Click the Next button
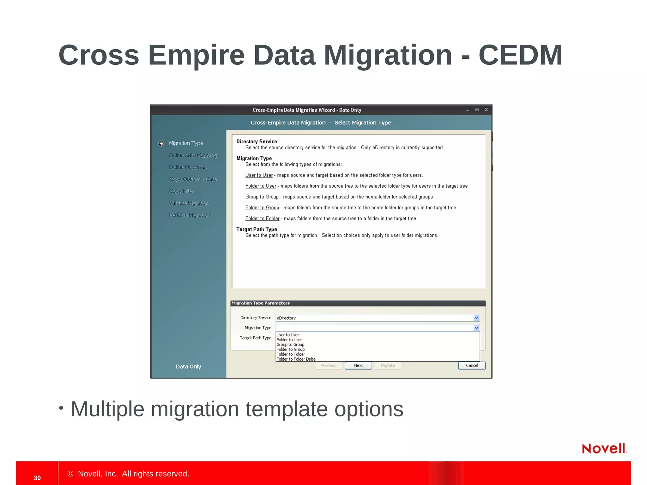(358, 365)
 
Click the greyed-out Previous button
(328, 365)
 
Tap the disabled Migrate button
(388, 365)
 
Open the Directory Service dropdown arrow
(476, 318)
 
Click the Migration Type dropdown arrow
(476, 328)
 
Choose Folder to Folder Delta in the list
(296, 359)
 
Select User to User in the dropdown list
(287, 335)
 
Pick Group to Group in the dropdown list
(290, 344)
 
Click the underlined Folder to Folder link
(262, 219)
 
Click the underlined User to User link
(259, 175)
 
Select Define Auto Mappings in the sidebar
(194, 155)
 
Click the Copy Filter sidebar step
(181, 191)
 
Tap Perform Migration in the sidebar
(189, 215)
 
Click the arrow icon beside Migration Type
(161, 143)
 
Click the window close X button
(486, 110)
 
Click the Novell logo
(604, 448)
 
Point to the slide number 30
(37, 478)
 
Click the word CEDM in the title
(520, 55)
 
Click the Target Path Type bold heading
(257, 229)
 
